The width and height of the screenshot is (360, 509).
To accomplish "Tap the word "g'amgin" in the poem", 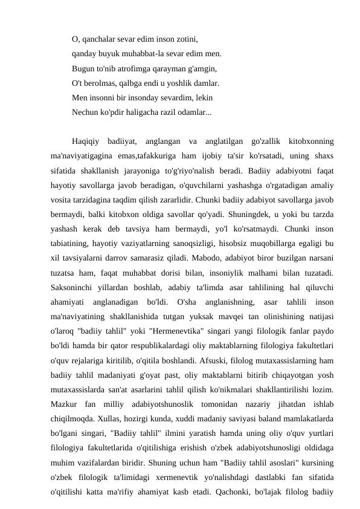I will (201, 68).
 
